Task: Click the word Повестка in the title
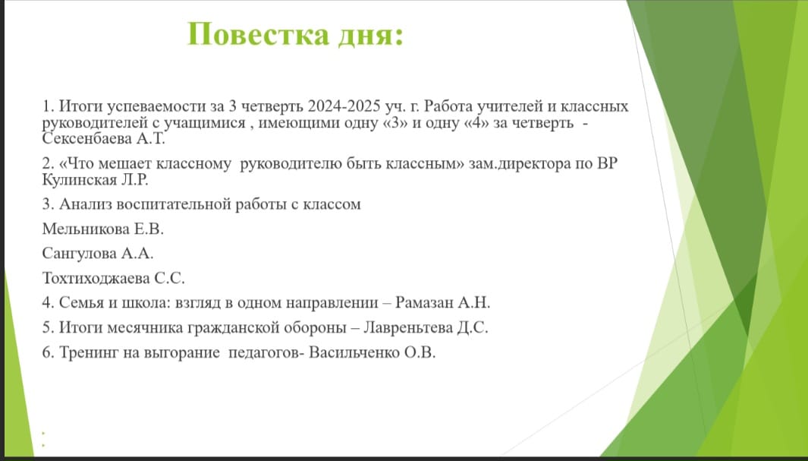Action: [258, 34]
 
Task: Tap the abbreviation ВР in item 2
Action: [606, 164]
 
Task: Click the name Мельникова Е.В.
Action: [103, 229]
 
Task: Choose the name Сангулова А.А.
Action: [98, 254]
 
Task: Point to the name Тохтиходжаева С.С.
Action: [113, 279]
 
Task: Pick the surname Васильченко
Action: [354, 353]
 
